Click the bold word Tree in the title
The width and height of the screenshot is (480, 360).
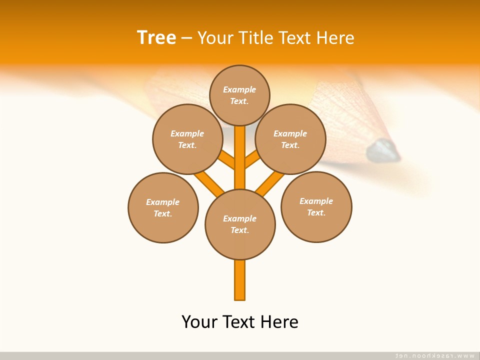[x=156, y=37]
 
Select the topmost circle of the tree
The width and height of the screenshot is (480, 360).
[x=239, y=95]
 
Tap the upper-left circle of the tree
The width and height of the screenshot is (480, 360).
[x=187, y=139]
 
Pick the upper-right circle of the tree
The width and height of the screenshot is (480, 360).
[x=290, y=139]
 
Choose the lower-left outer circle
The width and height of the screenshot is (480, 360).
[x=163, y=207]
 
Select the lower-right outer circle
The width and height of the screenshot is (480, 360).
[x=316, y=207]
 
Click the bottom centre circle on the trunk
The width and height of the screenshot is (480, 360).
[x=240, y=224]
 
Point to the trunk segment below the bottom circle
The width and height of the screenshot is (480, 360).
[x=240, y=280]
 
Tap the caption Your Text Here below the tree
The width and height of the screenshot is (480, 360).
[x=240, y=322]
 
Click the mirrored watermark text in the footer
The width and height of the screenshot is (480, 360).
[x=435, y=355]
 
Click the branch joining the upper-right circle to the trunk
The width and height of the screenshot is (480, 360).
[x=252, y=160]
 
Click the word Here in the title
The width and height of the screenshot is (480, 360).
[x=336, y=38]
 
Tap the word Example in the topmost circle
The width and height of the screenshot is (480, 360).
[x=239, y=89]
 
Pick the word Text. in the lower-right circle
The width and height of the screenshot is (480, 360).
[x=316, y=212]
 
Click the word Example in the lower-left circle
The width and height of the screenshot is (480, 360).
[x=162, y=202]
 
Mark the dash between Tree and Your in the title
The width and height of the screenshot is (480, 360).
[x=186, y=38]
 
